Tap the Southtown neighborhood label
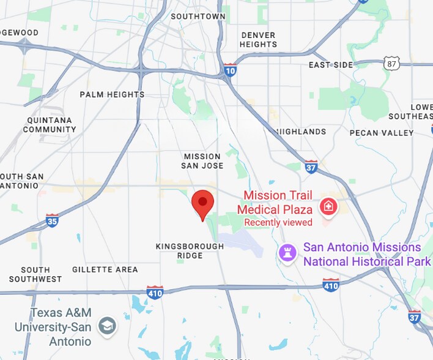[198, 17]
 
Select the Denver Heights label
[258, 40]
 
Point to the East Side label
[331, 65]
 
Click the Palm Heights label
[112, 95]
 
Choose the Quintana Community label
[50, 125]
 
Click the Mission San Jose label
[202, 161]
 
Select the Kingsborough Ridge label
[190, 251]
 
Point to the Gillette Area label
[105, 269]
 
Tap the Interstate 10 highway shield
[230, 70]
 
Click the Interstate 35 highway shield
[53, 220]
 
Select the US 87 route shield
[392, 64]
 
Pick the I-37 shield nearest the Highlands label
[311, 166]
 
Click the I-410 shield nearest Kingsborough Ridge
[155, 292]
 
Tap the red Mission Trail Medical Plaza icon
[328, 206]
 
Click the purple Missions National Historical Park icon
[286, 252]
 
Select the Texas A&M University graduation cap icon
[108, 324]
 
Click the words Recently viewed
[278, 222]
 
